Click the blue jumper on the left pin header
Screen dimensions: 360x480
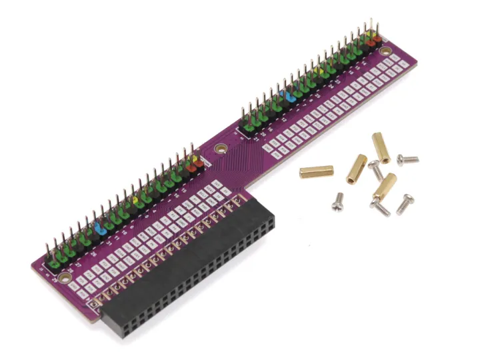click(100, 227)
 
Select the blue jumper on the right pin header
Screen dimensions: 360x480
click(289, 95)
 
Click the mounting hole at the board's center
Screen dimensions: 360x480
click(217, 149)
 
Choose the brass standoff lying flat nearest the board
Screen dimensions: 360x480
click(316, 171)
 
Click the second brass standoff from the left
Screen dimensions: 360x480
click(356, 169)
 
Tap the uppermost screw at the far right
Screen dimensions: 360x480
click(407, 159)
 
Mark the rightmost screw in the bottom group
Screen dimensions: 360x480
click(404, 204)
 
